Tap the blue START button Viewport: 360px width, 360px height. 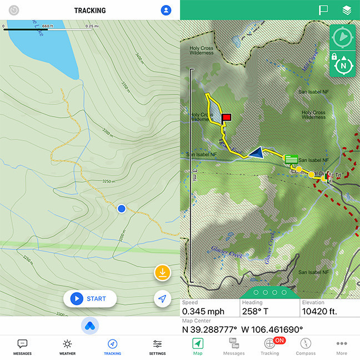click(x=89, y=298)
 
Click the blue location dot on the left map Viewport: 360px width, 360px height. click(x=122, y=208)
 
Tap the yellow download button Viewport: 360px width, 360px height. click(x=162, y=272)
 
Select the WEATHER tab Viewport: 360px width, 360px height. click(x=67, y=347)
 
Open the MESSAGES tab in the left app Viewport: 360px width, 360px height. click(x=22, y=347)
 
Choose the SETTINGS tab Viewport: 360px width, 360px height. click(x=157, y=347)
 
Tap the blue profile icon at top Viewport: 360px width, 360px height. click(x=166, y=10)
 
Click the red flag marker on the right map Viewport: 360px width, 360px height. click(x=226, y=117)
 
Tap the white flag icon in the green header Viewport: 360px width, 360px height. click(x=323, y=10)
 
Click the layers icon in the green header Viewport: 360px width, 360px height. click(x=346, y=10)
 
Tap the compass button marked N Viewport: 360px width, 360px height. click(x=343, y=65)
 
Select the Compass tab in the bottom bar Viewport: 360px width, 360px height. click(x=306, y=347)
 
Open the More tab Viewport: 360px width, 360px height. click(x=342, y=347)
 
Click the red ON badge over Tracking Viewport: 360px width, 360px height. click(x=279, y=340)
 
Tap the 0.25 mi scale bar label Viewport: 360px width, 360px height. click(x=93, y=26)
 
